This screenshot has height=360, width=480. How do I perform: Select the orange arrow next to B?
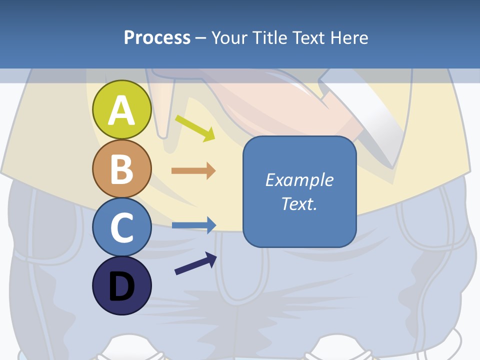193,171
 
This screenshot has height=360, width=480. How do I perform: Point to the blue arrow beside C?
194,225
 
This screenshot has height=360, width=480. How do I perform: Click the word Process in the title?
157,37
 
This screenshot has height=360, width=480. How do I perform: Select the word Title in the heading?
272,37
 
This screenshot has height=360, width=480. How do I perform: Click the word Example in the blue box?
299,180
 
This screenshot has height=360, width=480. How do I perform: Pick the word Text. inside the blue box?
299,203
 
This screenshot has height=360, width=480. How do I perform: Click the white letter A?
121,111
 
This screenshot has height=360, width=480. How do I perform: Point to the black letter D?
121,287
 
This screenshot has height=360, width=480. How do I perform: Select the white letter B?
121,169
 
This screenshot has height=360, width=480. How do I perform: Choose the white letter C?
121,227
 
